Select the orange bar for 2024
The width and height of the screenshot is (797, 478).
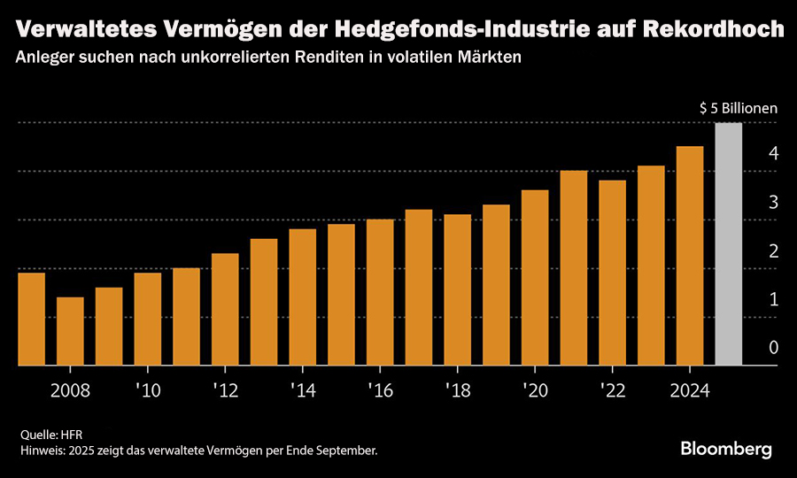[x=689, y=256]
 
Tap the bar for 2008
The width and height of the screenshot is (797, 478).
[x=70, y=331]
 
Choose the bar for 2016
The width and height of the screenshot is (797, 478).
[x=380, y=292]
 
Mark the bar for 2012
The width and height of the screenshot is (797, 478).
[x=225, y=309]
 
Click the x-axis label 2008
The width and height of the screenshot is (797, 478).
[x=70, y=391]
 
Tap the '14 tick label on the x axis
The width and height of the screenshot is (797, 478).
[x=302, y=391]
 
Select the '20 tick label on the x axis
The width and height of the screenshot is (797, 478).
[x=535, y=391]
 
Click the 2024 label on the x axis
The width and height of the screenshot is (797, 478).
[x=689, y=391]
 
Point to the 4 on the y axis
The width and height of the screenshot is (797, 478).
[x=773, y=154]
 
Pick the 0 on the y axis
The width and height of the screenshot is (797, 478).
[x=773, y=349]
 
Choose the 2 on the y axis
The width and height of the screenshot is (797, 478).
[x=773, y=251]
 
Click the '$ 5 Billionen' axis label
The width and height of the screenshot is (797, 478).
[x=738, y=108]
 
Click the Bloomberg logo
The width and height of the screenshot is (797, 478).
[x=726, y=449]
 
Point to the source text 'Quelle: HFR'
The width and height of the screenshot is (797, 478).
[x=51, y=435]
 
